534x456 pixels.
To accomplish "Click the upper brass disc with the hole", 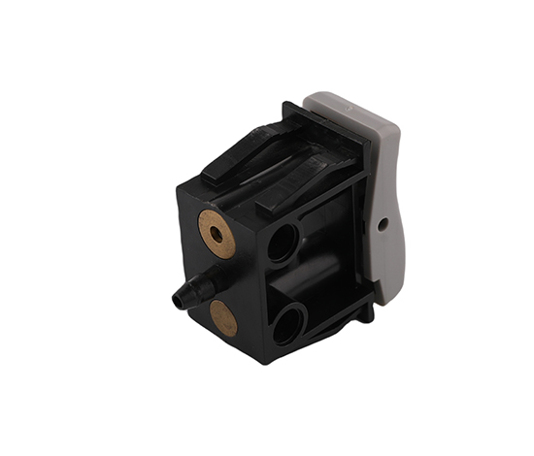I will click(217, 234).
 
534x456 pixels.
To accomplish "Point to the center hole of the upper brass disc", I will click(216, 234).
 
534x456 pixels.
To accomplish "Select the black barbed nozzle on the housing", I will click(191, 289).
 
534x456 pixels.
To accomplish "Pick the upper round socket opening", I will click(283, 242).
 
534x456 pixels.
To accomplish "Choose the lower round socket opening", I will click(288, 322).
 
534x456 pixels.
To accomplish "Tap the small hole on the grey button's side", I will click(383, 224).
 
